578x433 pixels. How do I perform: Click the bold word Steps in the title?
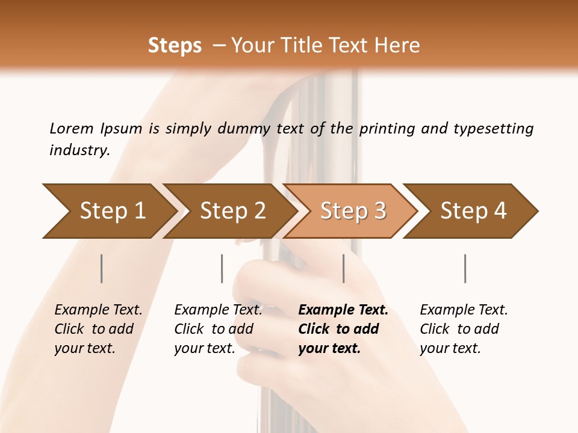175,46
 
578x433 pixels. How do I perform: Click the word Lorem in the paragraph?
71,128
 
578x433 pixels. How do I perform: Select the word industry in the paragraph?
78,150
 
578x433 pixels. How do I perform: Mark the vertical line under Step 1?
102,268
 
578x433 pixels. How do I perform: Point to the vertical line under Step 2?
222,268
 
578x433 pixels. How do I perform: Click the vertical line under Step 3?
344,268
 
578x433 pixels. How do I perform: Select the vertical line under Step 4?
465,268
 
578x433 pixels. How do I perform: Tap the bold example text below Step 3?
343,329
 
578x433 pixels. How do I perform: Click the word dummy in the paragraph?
244,129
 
